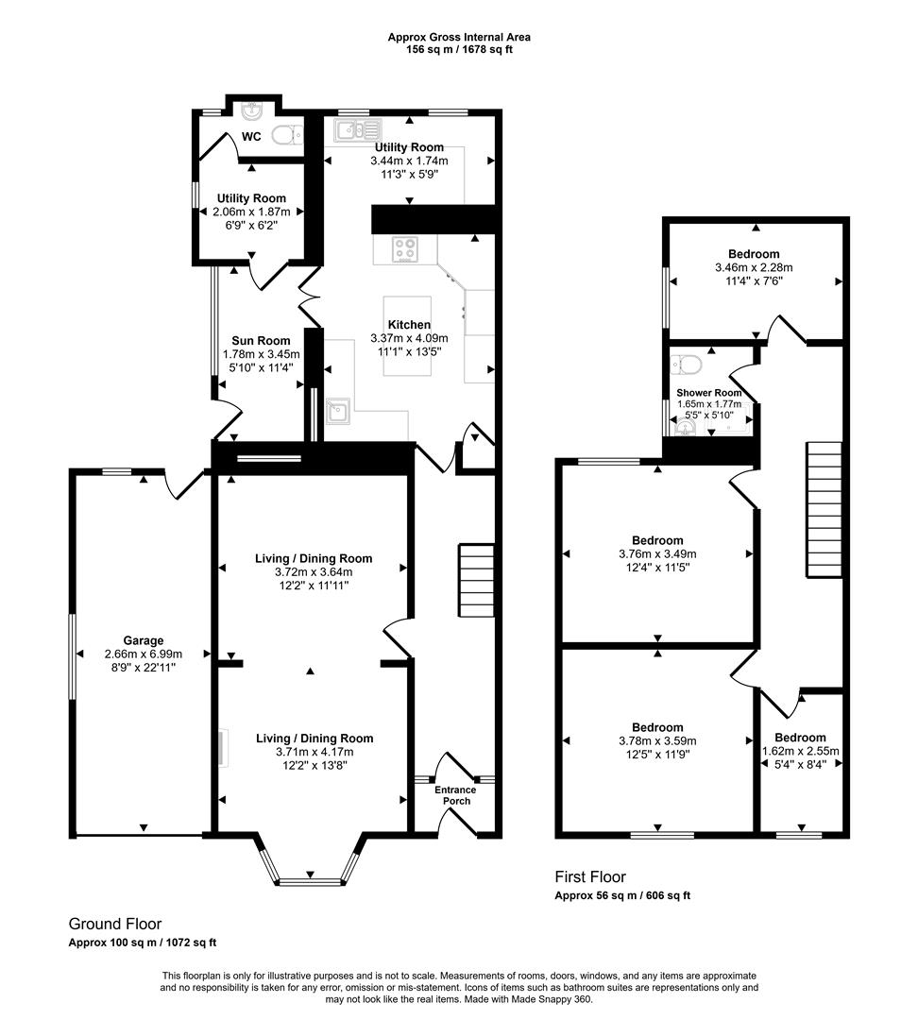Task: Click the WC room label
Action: click(251, 137)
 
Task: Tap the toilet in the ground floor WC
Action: click(285, 136)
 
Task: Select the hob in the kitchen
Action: click(406, 250)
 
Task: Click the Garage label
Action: click(143, 639)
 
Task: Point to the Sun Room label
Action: click(256, 341)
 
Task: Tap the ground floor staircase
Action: click(476, 580)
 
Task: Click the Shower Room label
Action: click(708, 393)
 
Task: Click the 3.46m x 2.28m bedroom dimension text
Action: click(754, 267)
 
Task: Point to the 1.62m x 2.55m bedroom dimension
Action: click(800, 752)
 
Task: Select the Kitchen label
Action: click(408, 325)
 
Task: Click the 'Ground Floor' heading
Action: click(115, 924)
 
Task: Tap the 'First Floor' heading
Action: click(590, 877)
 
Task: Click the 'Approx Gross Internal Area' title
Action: click(459, 37)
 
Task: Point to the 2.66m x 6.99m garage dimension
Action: click(143, 654)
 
